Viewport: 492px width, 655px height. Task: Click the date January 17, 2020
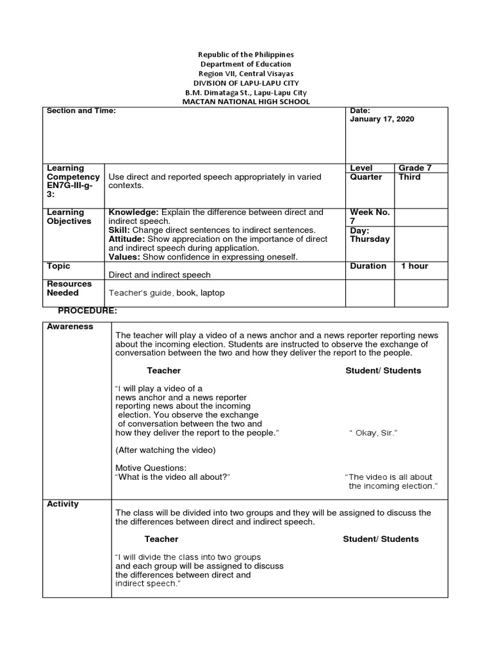coord(382,119)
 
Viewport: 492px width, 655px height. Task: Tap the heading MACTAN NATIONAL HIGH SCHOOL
coord(246,102)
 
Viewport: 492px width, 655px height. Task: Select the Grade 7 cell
coord(415,168)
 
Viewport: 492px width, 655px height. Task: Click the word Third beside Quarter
coord(409,177)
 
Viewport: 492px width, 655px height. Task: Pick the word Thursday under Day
coord(370,239)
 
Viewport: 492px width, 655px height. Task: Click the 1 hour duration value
coord(414,266)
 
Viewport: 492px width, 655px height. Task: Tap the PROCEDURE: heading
coord(87,311)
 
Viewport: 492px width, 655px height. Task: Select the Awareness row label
coord(70,326)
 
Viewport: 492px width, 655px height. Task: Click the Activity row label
coord(63,504)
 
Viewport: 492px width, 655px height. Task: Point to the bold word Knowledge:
coord(134,212)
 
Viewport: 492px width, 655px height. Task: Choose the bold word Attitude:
coord(131,239)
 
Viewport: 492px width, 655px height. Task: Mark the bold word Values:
coord(125,257)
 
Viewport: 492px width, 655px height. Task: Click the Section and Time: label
coord(81,111)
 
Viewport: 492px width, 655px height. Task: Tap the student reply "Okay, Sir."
coord(373,433)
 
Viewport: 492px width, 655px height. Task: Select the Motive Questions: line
coord(151,468)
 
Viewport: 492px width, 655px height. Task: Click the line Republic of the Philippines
coord(246,55)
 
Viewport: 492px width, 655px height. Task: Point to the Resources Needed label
coord(69,288)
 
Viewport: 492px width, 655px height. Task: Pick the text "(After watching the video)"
coord(165,450)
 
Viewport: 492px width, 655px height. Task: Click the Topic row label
coord(58,266)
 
